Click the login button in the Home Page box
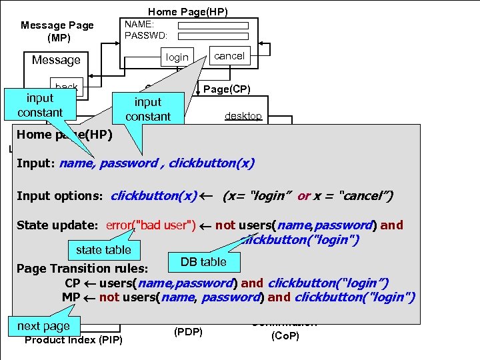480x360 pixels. click(x=177, y=57)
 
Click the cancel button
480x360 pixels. click(x=229, y=56)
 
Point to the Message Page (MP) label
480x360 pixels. click(x=57, y=31)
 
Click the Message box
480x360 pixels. click(x=57, y=60)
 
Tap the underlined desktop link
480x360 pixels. click(x=243, y=116)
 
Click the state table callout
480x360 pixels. click(x=103, y=249)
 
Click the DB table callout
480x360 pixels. click(x=203, y=262)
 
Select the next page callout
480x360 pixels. click(x=43, y=326)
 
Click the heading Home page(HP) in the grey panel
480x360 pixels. click(x=65, y=135)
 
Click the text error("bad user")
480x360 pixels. click(x=150, y=225)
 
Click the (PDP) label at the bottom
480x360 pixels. click(x=188, y=331)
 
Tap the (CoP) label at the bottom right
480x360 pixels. click(x=285, y=336)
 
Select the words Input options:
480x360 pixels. click(x=59, y=196)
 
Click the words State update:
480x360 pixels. click(x=57, y=225)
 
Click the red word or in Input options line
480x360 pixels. click(x=303, y=196)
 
